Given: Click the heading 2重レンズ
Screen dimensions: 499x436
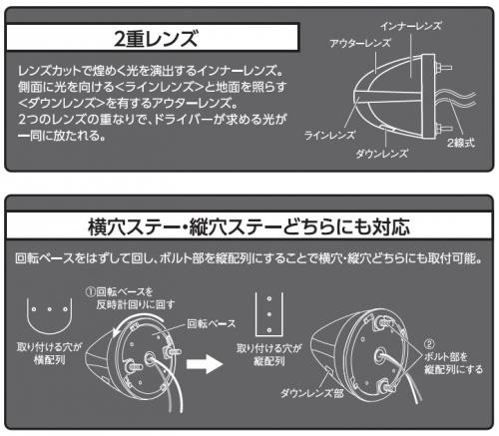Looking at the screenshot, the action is [x=156, y=38].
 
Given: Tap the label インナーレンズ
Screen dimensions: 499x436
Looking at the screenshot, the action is [x=411, y=26].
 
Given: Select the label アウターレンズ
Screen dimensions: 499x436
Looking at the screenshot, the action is [x=360, y=43].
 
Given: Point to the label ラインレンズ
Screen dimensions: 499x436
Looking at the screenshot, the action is [x=329, y=135].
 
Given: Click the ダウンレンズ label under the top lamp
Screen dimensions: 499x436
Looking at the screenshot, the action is [x=381, y=154].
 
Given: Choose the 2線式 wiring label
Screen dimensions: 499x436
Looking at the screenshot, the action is [x=461, y=143].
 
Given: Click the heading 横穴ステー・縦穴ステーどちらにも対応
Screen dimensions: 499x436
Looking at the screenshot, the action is [x=249, y=226].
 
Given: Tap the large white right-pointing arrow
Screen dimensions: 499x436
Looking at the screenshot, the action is [x=205, y=364].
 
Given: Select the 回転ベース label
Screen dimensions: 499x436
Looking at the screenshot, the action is [x=211, y=323].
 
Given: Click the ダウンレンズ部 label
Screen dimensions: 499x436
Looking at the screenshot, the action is [x=311, y=393].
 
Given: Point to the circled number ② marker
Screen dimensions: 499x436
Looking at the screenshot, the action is [x=429, y=344].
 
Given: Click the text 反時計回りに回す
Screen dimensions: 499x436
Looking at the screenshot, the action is [x=136, y=304].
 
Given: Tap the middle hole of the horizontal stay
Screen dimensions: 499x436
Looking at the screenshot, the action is [x=49, y=309].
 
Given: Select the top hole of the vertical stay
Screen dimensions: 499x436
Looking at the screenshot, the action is [x=269, y=298].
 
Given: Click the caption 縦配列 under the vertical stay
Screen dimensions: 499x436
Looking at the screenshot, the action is [x=269, y=361].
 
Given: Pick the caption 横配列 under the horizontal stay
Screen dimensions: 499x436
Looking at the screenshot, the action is [x=49, y=359].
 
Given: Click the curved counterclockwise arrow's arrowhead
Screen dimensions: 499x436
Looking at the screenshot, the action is [x=117, y=332].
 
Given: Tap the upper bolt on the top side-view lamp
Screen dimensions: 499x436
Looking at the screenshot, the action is [x=443, y=68].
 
